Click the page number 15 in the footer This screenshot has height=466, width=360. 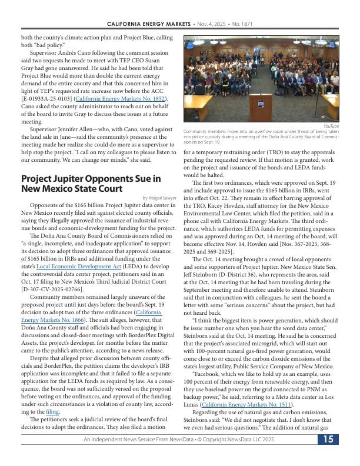coord(328,455)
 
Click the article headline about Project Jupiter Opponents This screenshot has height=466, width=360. coord(91,183)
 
